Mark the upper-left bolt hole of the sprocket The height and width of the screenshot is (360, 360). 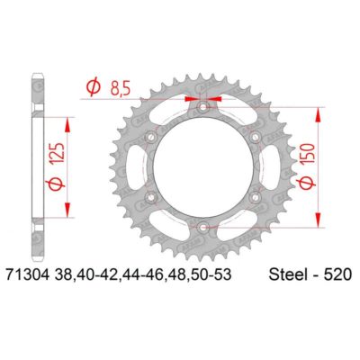153,139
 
